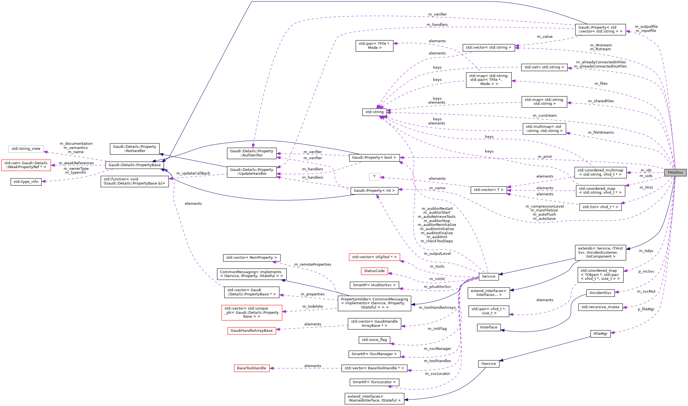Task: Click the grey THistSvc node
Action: click(675, 173)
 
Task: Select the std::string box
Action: click(374, 112)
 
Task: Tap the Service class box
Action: click(488, 277)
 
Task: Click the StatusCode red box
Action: click(374, 271)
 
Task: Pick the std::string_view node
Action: click(26, 149)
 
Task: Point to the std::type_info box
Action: click(26, 182)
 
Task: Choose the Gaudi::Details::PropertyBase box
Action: click(135, 165)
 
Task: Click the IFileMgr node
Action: click(600, 334)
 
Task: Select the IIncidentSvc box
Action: click(600, 293)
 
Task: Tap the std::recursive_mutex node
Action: click(600, 307)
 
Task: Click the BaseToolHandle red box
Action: click(252, 368)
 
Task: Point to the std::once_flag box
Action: click(374, 340)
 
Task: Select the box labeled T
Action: click(374, 176)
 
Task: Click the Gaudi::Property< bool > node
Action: click(374, 158)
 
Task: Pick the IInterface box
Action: click(488, 327)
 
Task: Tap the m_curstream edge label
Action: click(545, 116)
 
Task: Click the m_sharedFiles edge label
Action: click(601, 101)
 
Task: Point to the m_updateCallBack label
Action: click(193, 173)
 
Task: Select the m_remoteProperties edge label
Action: click(313, 265)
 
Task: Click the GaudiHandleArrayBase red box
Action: click(252, 331)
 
